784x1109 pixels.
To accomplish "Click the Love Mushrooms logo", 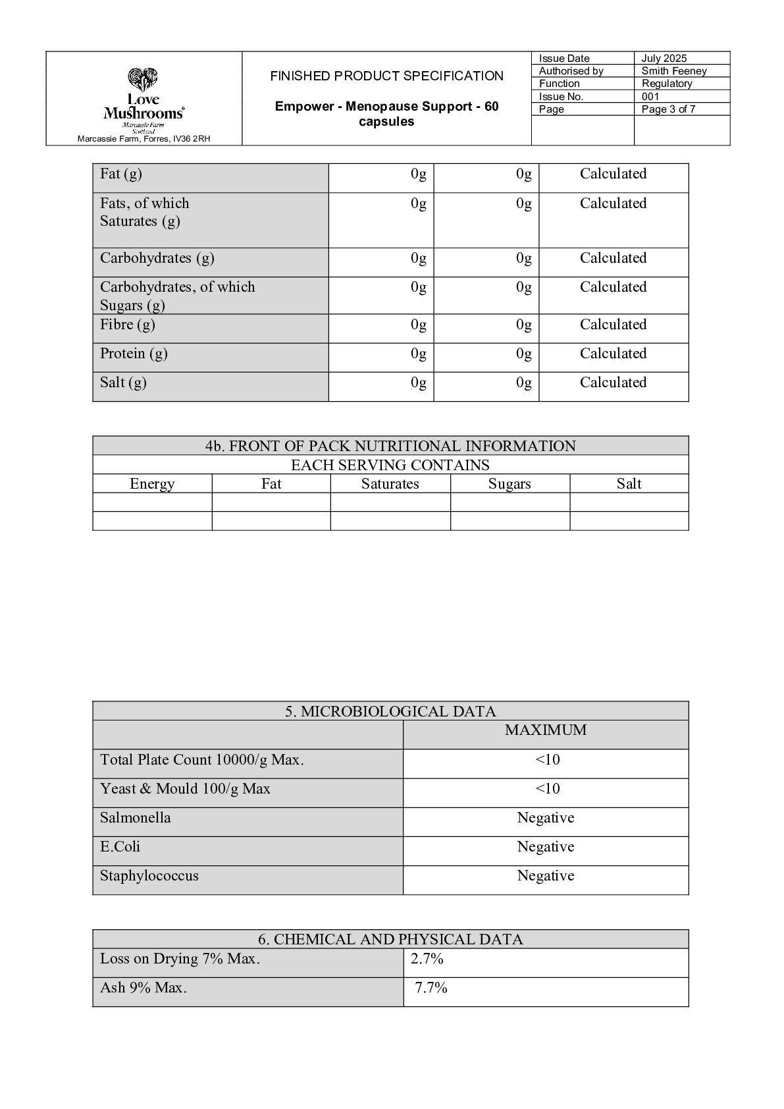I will pos(144,98).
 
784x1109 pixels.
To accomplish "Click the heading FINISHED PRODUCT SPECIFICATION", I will pos(386,76).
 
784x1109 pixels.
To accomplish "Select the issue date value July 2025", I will pos(664,59).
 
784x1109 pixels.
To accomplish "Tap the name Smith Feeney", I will pos(673,71).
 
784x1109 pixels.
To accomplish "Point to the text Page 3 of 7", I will pos(668,109).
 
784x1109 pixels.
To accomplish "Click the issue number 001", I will pos(650,97).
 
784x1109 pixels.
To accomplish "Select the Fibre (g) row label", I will pos(128,325).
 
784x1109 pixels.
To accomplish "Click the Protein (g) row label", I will pos(134,354).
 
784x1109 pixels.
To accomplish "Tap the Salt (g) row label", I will pos(123,383).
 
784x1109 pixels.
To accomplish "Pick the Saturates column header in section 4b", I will pos(390,484).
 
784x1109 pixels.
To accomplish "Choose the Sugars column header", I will pos(509,484).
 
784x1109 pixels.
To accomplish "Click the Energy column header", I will pos(152,484).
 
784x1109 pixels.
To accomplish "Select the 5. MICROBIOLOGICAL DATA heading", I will pos(390,711).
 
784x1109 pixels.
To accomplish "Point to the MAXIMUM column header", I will pos(545,730).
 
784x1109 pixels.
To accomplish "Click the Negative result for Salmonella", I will pos(545,818).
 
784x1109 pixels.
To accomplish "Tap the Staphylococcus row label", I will pos(149,876).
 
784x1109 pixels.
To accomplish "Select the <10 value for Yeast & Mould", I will pos(547,789).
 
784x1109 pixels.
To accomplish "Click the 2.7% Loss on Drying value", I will pos(427,959).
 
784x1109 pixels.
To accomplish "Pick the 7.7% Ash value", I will pos(431,988).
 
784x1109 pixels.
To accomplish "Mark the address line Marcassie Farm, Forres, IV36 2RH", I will pos(144,139).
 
